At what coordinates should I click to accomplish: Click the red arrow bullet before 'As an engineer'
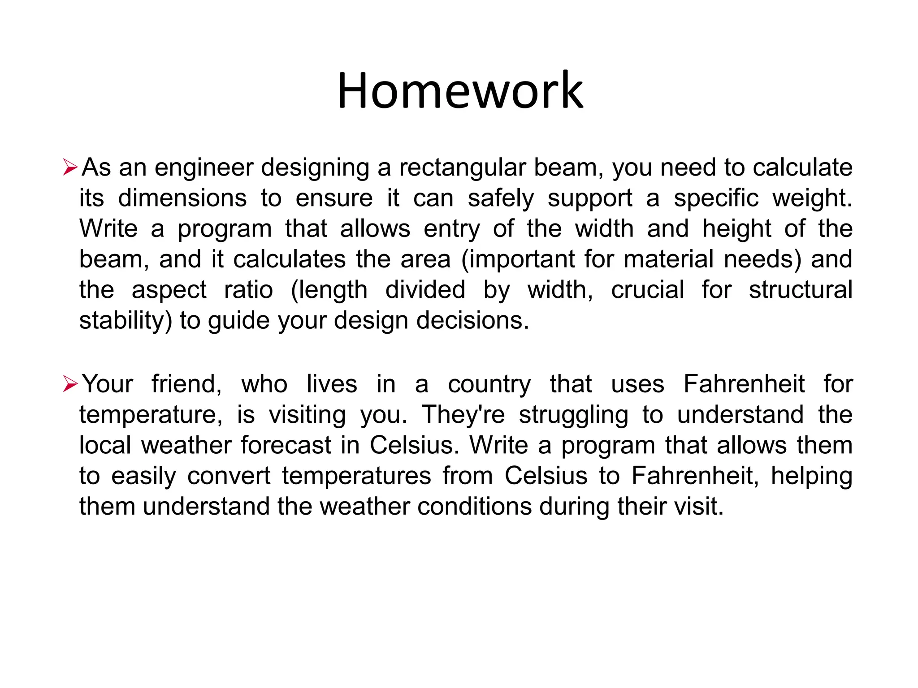tap(70, 168)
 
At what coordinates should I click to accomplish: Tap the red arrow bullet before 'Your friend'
tap(70, 384)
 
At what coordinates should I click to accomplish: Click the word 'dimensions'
tap(182, 198)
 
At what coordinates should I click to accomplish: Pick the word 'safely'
tap(501, 198)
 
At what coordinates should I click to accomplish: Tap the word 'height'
tap(736, 229)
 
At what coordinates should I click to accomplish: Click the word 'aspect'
tap(169, 290)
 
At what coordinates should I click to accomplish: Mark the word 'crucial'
tap(647, 290)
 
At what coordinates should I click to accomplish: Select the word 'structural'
tap(801, 290)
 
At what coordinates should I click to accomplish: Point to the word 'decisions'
tap(472, 320)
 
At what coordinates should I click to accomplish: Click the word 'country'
tap(489, 384)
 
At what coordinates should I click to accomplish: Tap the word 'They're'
tap(463, 414)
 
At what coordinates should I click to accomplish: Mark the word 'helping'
tap(811, 476)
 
